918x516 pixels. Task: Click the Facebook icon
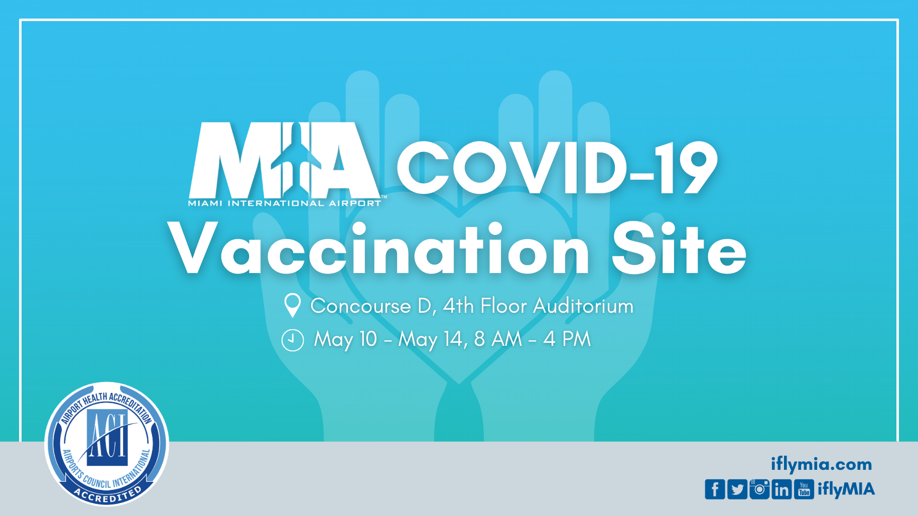click(x=715, y=489)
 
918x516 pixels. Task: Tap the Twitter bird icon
click(x=737, y=489)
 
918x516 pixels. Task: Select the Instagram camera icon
click(x=759, y=489)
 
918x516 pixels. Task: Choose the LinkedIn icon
click(x=781, y=489)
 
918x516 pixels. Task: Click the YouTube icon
click(x=804, y=489)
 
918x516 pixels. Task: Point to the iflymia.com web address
click(x=822, y=465)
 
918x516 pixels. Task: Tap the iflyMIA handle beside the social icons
click(x=846, y=489)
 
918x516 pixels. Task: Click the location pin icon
click(x=292, y=305)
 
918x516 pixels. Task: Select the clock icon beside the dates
click(x=293, y=340)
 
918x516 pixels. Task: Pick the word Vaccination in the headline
click(x=378, y=248)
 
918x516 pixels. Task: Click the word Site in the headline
click(x=679, y=248)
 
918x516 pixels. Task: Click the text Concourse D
click(x=373, y=306)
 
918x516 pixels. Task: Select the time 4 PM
click(x=567, y=339)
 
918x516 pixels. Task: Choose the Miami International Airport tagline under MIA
click(x=285, y=203)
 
